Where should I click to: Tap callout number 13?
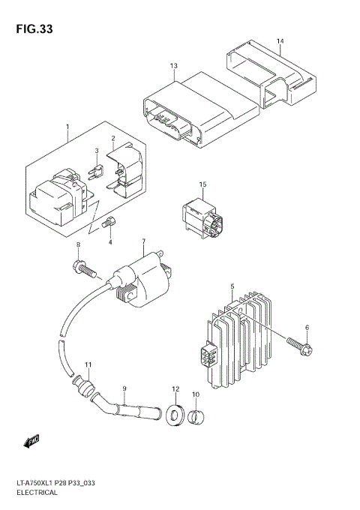click(x=173, y=67)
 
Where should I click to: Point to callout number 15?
click(x=202, y=184)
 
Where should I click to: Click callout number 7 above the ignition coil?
click(x=142, y=241)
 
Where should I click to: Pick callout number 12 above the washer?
click(x=175, y=389)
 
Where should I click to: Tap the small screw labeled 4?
click(x=109, y=223)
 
